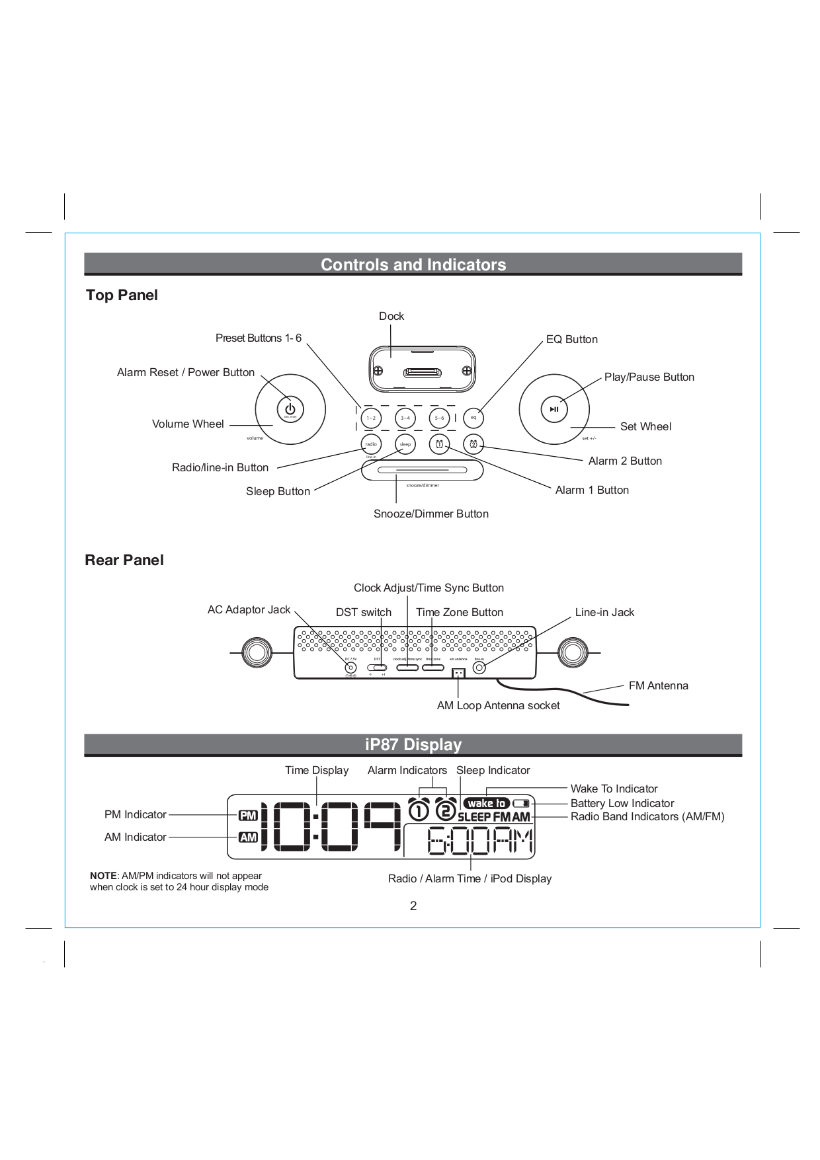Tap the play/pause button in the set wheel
pyautogui.click(x=554, y=409)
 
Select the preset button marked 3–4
pyautogui.click(x=405, y=418)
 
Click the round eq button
pyautogui.click(x=473, y=418)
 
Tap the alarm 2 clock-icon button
pyautogui.click(x=473, y=444)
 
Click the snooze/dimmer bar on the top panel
pyautogui.click(x=423, y=471)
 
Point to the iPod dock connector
pyautogui.click(x=423, y=373)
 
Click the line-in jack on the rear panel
pyautogui.click(x=479, y=668)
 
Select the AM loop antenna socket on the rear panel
pyautogui.click(x=458, y=673)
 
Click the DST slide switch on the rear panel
pyautogui.click(x=377, y=668)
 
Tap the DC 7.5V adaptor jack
pyautogui.click(x=350, y=668)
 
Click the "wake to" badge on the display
pyautogui.click(x=487, y=803)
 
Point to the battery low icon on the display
pyautogui.click(x=522, y=803)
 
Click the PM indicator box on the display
pyautogui.click(x=248, y=816)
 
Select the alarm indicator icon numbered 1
pyautogui.click(x=419, y=810)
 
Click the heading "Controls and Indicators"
pyautogui.click(x=413, y=264)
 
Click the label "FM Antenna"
pyautogui.click(x=658, y=685)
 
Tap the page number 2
pyautogui.click(x=413, y=906)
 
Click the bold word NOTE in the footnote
pyautogui.click(x=103, y=876)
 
